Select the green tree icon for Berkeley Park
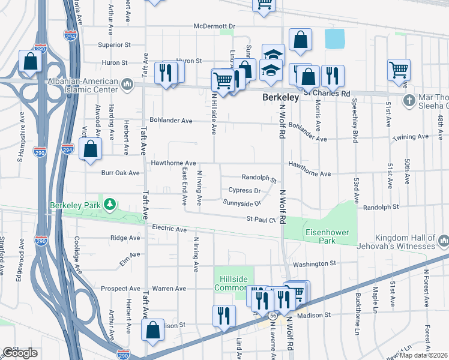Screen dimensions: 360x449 coord(109,205)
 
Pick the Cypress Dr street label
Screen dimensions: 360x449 coord(244,191)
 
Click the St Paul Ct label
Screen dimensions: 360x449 coord(261,220)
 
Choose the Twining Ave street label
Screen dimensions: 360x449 coord(411,137)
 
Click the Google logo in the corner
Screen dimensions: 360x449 coord(20,353)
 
